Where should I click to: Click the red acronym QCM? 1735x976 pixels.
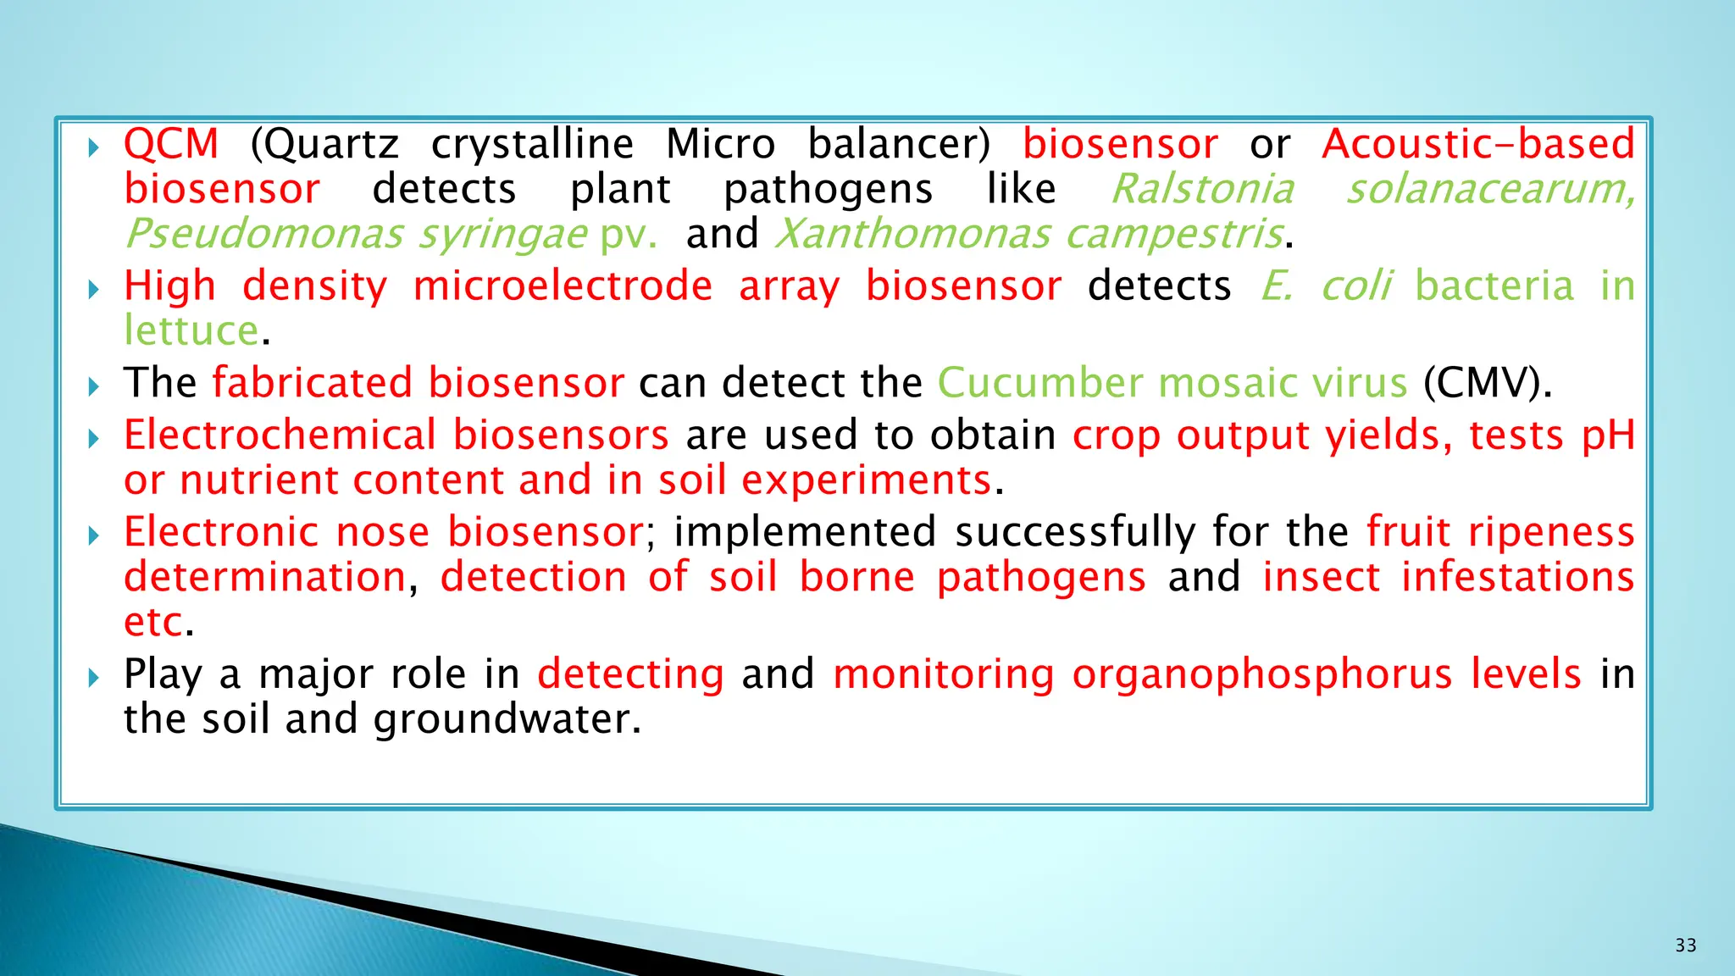[x=171, y=144]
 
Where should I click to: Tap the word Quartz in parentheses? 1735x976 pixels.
[x=325, y=144]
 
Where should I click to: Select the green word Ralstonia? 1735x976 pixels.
[x=1202, y=189]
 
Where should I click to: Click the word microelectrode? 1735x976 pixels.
[x=563, y=286]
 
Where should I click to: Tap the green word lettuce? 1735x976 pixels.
[x=191, y=330]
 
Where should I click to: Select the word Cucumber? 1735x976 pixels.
[x=1040, y=383]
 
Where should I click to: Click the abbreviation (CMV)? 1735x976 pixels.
[x=1487, y=383]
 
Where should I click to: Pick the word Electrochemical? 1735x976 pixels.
[x=280, y=435]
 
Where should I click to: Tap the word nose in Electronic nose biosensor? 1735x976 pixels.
[x=383, y=533]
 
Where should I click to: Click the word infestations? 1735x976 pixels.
[x=1517, y=578]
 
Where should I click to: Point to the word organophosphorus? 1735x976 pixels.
[x=1262, y=674]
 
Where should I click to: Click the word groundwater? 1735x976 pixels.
[x=507, y=719]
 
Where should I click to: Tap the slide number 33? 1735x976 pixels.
[x=1686, y=945]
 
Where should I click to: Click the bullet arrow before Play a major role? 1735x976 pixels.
[x=94, y=677]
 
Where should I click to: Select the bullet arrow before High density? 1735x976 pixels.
[x=94, y=290]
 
